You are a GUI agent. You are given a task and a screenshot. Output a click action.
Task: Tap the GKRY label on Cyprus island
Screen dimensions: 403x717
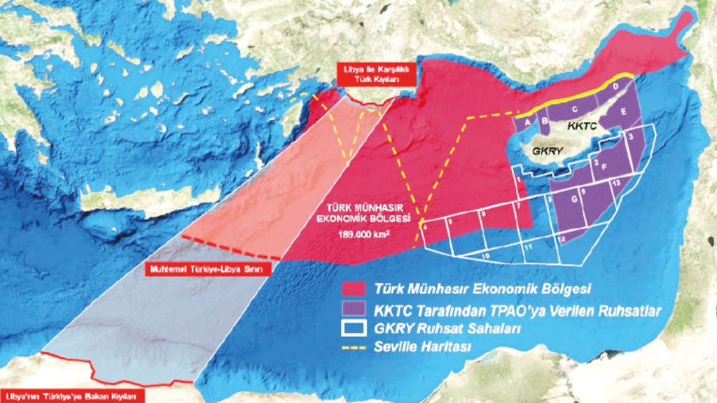tap(544, 150)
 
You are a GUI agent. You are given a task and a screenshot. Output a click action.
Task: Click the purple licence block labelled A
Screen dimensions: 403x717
tap(524, 121)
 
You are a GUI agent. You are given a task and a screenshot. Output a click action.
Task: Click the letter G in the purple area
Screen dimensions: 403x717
tap(575, 200)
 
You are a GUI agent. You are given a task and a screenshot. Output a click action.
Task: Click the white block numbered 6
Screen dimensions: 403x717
tap(483, 214)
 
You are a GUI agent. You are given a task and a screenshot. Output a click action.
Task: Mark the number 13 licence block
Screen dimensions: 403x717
tap(615, 182)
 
